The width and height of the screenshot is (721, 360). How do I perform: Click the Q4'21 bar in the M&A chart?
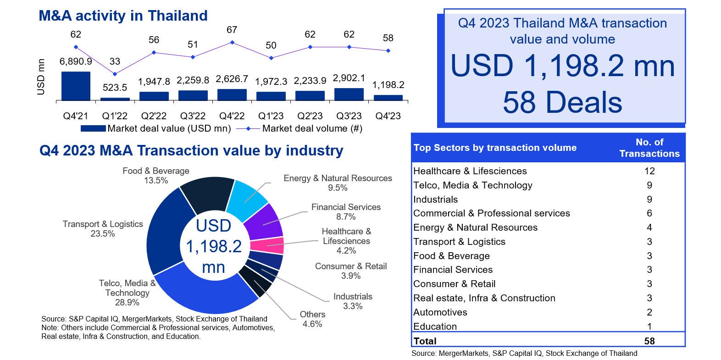[76, 86]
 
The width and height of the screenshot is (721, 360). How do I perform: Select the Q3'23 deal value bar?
[349, 94]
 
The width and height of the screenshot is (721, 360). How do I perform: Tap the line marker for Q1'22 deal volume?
[115, 74]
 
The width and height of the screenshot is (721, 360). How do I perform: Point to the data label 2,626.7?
[232, 79]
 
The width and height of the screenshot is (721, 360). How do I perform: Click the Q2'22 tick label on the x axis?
[154, 116]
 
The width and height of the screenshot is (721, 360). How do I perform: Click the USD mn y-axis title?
[41, 77]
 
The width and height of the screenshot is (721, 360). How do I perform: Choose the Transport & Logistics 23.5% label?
[103, 229]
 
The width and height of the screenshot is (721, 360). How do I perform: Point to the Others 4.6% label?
[312, 319]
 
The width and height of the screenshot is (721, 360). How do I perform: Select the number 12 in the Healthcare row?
[649, 171]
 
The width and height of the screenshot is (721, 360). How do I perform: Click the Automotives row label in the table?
[440, 312]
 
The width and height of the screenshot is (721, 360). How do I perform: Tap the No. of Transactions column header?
[649, 148]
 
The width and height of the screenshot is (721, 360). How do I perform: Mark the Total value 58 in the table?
[649, 341]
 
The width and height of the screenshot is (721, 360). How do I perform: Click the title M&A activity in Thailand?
[123, 16]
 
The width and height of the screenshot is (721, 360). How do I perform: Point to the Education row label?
[435, 327]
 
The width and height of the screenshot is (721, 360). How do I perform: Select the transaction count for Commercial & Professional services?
[649, 213]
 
